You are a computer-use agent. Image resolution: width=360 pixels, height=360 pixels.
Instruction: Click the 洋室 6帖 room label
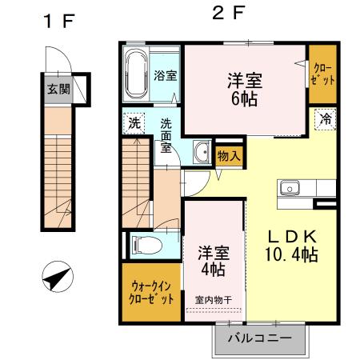pos(246,89)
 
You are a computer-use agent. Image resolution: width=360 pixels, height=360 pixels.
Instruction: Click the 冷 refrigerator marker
pos(326,118)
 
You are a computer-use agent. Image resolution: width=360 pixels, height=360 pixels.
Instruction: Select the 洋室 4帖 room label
pos(212,260)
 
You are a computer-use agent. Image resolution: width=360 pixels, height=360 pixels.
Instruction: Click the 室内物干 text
pos(214,301)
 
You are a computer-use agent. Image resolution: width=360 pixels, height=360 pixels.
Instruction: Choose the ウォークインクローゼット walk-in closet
pos(151,290)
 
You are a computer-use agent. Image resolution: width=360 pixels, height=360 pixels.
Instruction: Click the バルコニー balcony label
pos(260,338)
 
